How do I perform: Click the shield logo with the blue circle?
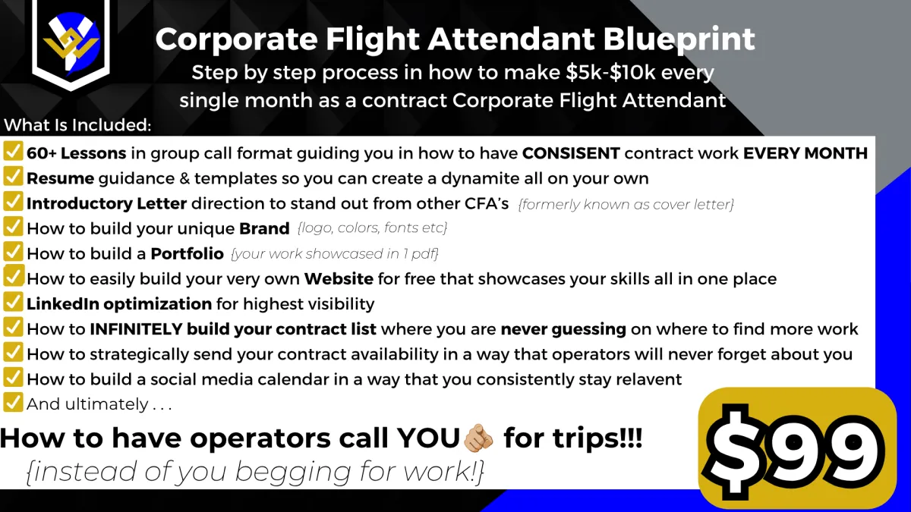tap(71, 42)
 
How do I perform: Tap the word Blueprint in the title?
tap(679, 39)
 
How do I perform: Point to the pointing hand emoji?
tap(478, 438)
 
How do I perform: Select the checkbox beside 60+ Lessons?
tap(13, 151)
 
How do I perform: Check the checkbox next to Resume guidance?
tap(13, 176)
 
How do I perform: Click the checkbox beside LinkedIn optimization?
tap(13, 302)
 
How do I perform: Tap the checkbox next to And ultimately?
tap(13, 402)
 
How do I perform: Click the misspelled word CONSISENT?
tap(571, 153)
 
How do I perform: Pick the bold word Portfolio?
tap(187, 253)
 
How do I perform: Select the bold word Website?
tap(339, 279)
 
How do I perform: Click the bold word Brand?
tap(264, 228)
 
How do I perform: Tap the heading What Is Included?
tap(77, 124)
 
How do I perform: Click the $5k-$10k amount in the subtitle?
tap(610, 72)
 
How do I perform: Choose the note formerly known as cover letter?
tap(626, 204)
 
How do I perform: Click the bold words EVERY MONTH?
tap(805, 153)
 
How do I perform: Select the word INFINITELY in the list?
tap(136, 328)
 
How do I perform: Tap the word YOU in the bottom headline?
tap(428, 438)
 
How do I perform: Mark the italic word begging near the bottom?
tap(293, 471)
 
